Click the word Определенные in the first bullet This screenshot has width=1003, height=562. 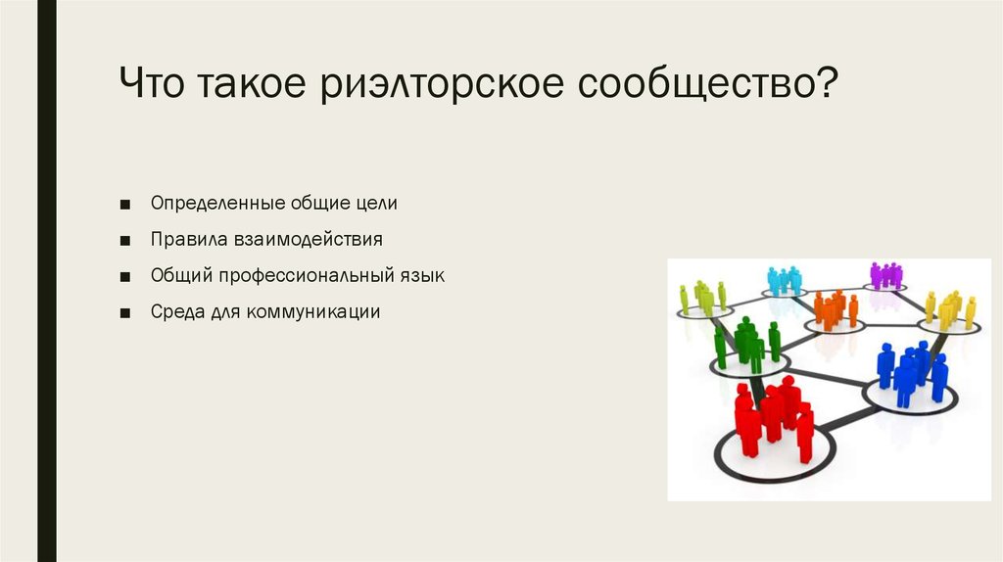click(x=215, y=204)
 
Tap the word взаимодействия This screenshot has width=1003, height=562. click(x=307, y=240)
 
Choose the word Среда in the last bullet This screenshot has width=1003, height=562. click(x=174, y=313)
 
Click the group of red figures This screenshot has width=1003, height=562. click(x=774, y=419)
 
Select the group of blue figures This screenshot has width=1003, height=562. click(x=911, y=372)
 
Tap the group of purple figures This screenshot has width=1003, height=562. click(x=885, y=275)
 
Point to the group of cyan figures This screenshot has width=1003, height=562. click(x=784, y=281)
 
